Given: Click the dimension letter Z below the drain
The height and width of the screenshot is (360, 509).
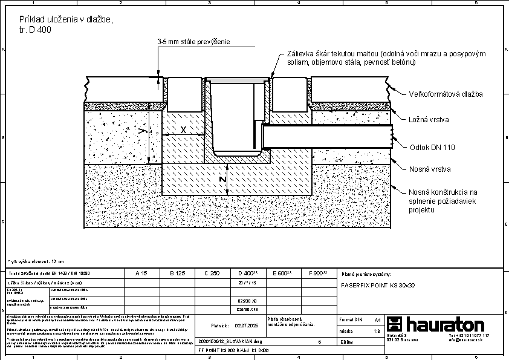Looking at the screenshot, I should coord(222,180).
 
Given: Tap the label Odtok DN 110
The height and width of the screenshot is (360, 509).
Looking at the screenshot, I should coord(432,147).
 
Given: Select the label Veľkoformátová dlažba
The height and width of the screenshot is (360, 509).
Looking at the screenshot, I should coord(446,94).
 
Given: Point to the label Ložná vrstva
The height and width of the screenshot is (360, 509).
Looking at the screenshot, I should coord(429,120).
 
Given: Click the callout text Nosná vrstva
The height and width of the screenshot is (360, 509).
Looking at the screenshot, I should coord(430,169).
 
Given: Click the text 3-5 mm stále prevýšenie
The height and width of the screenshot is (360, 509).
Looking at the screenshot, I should coord(193,42).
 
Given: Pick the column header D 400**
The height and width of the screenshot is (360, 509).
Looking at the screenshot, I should coord(249,273).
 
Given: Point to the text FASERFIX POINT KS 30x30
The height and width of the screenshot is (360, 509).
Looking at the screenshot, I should coord(376,284).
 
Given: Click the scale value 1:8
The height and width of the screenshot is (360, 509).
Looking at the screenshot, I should coord(377,331).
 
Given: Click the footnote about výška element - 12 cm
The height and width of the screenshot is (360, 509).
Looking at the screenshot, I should coord(36,261).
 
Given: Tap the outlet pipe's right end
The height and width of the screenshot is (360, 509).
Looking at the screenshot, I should coord(392,131).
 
